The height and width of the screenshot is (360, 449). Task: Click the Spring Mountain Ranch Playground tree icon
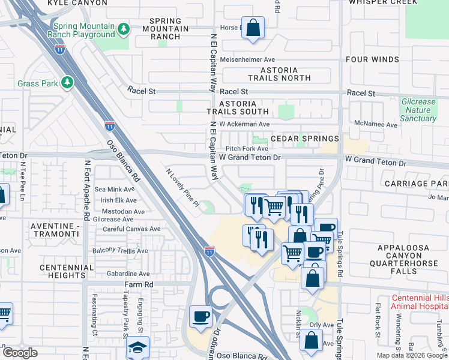[x=123, y=29]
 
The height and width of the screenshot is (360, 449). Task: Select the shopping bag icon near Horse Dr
[x=253, y=27]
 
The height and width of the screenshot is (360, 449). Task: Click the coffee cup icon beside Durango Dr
[x=200, y=316]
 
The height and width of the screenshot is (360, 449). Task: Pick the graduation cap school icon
[x=137, y=347]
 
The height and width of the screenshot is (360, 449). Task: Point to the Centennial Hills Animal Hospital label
[x=418, y=302]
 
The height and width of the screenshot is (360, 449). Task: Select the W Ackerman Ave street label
[x=244, y=124]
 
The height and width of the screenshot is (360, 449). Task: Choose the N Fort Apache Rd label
[x=87, y=188]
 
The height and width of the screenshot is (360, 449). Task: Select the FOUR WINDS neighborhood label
[x=372, y=59]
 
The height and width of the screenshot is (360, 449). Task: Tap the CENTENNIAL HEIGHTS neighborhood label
[x=62, y=271]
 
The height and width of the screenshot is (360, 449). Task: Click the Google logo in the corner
[x=20, y=353]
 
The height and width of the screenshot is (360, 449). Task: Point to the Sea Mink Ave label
[x=115, y=189]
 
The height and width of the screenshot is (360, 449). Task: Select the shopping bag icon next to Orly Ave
[x=312, y=340]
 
